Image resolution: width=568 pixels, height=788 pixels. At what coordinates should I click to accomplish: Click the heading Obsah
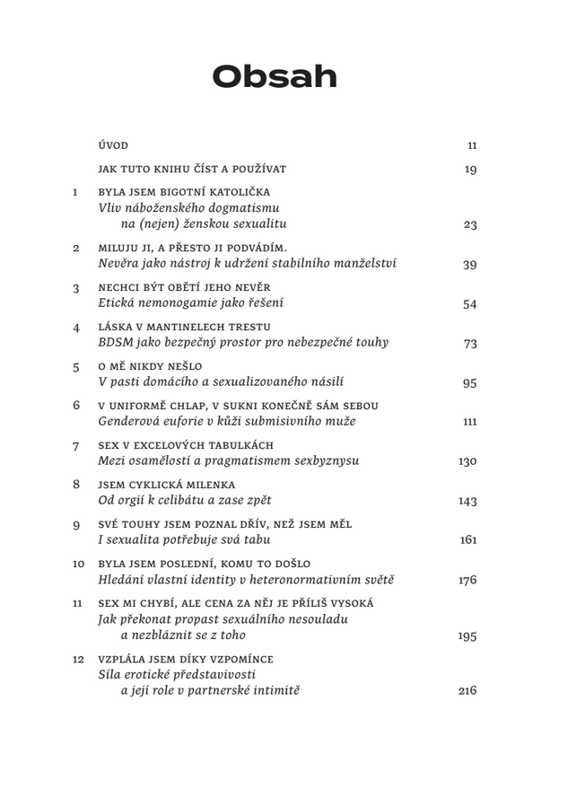point(274,77)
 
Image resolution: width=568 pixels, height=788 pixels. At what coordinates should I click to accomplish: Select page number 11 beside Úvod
point(471,145)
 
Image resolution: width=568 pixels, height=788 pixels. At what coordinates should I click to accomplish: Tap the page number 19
point(470,170)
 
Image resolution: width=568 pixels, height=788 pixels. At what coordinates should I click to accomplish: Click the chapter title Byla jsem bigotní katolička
point(183,192)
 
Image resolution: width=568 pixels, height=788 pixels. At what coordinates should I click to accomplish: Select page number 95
point(469,383)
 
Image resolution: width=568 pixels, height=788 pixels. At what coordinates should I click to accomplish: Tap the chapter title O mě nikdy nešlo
point(150,366)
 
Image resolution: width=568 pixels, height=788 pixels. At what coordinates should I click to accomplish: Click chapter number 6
point(76,406)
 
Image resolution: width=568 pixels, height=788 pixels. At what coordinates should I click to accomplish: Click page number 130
point(467,461)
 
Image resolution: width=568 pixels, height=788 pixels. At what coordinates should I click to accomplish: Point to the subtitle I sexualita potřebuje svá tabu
point(184,540)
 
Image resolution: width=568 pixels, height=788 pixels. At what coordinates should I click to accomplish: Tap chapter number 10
point(78,565)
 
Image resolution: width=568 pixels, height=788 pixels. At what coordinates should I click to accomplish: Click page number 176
point(467,581)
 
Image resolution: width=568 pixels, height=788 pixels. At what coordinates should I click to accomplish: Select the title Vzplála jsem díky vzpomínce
point(186,659)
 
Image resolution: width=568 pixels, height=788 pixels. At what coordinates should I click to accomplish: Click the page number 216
point(467,691)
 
